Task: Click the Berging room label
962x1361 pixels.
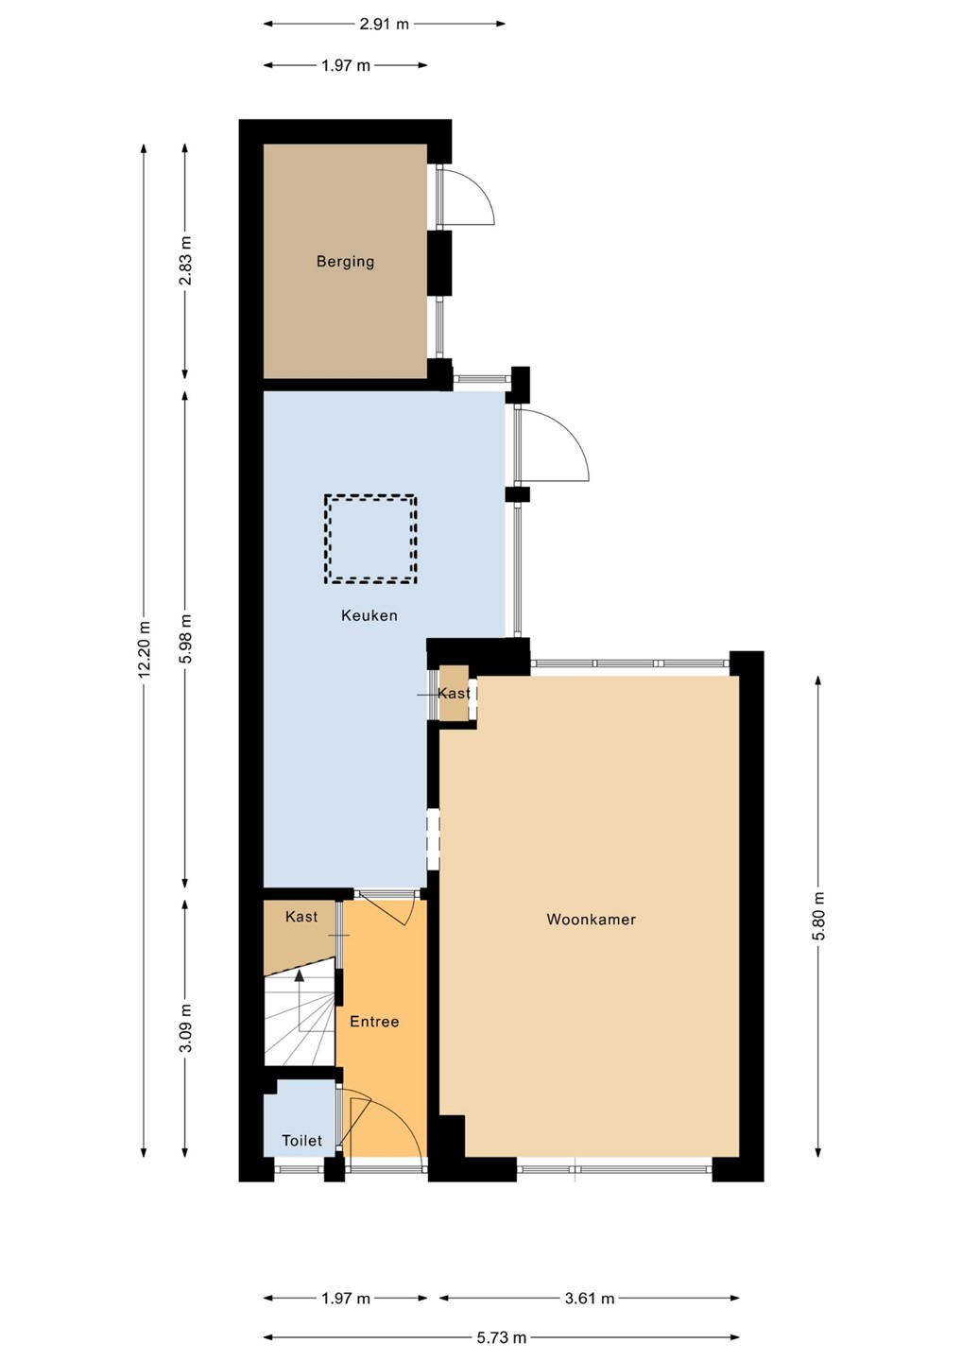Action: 345,262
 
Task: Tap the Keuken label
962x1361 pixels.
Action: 369,615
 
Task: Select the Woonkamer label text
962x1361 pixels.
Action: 591,920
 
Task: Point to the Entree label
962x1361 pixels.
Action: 374,1022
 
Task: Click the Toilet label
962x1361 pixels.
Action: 301,1141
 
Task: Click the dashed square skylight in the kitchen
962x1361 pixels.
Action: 370,540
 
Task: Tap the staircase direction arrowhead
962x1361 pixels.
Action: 299,975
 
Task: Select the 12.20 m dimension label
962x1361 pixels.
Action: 144,649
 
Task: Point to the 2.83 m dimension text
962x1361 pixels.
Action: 185,261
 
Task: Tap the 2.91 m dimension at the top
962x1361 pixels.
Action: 384,25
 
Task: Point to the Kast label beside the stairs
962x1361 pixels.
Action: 301,916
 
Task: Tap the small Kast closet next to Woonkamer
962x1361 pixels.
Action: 455,694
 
